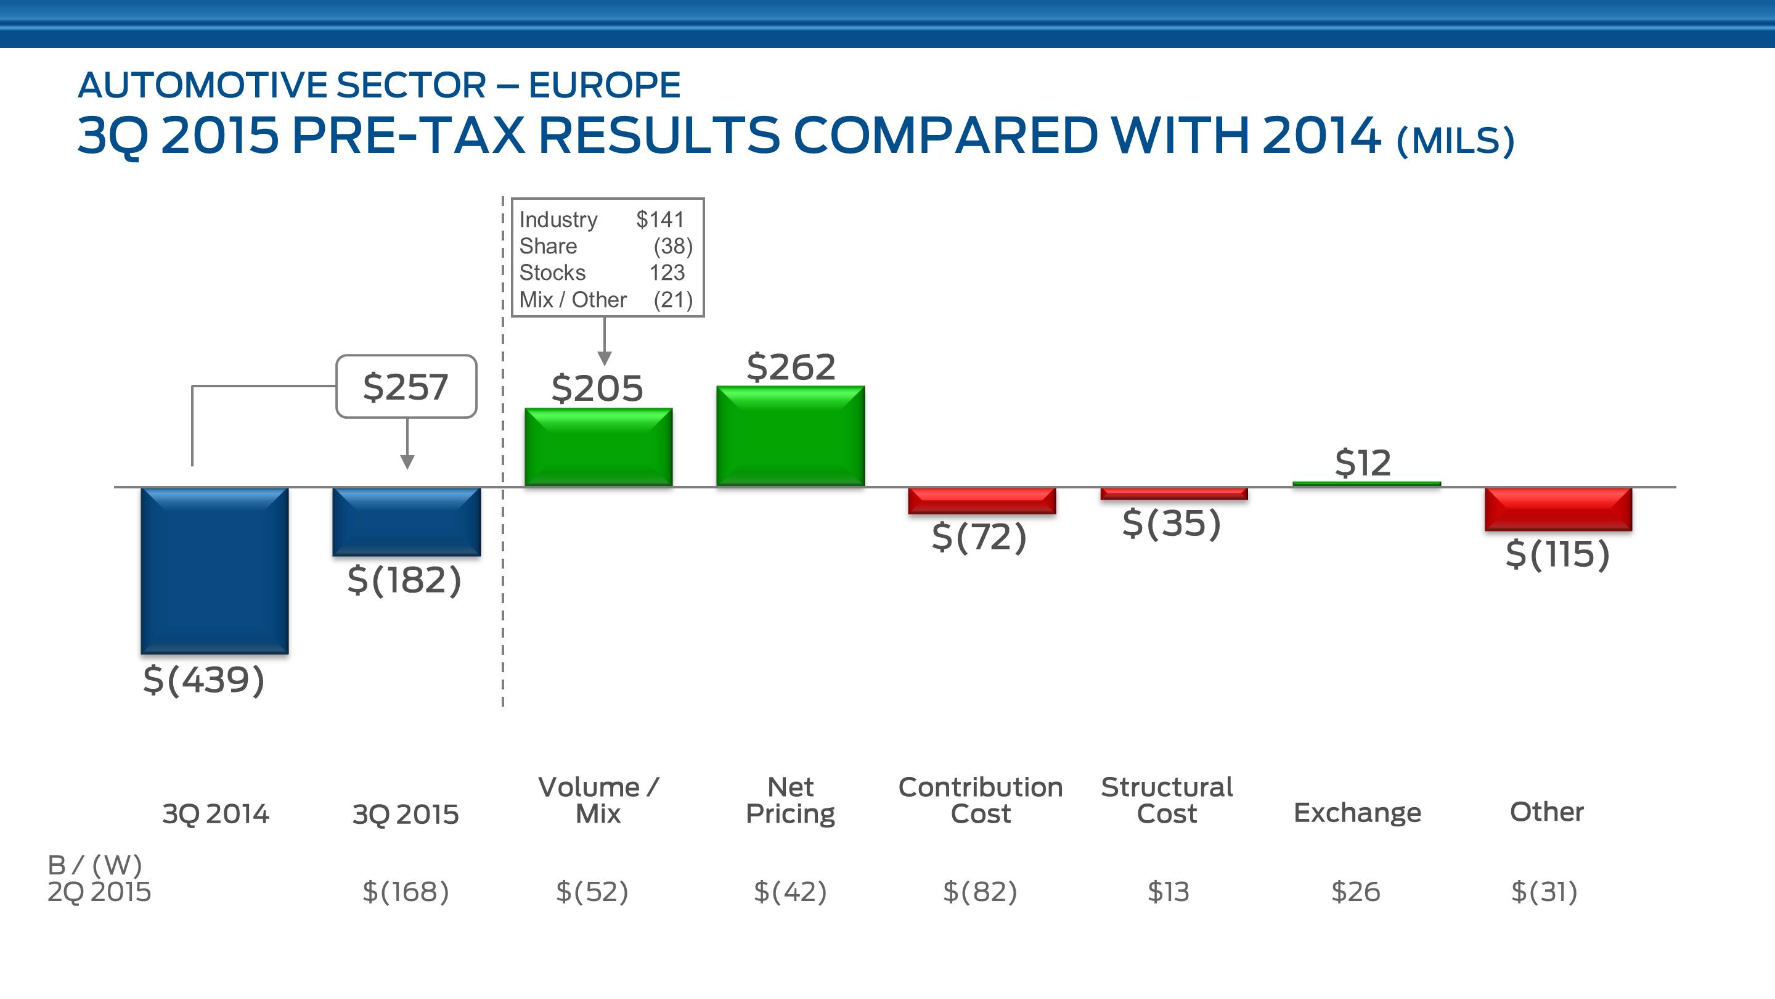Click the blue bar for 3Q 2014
coord(214,570)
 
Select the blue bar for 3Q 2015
coord(407,521)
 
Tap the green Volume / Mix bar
coord(598,448)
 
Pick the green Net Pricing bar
coord(790,437)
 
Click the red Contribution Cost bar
coord(982,501)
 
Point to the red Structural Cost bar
coord(1173,493)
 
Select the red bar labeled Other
coord(1558,509)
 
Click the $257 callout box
coord(406,387)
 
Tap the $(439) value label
coord(204,680)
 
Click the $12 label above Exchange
coord(1363,462)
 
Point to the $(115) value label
coord(1557,554)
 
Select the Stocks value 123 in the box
coord(666,273)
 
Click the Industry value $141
coord(659,220)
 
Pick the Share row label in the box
coord(548,246)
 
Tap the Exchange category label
coord(1357,813)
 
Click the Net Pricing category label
coord(790,800)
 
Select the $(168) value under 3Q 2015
coord(406,892)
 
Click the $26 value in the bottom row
coord(1355,892)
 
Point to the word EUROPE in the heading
coord(604,86)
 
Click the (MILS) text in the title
coord(1455,141)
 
